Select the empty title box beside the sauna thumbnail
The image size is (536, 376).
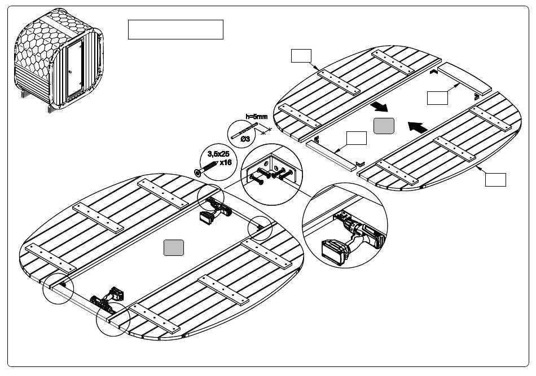coord(175,29)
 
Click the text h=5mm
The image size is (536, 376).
coord(256,117)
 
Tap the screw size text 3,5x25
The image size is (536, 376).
coord(218,153)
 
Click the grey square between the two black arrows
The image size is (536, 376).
coord(384,126)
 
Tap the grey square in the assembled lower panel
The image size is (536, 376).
coord(173,247)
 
